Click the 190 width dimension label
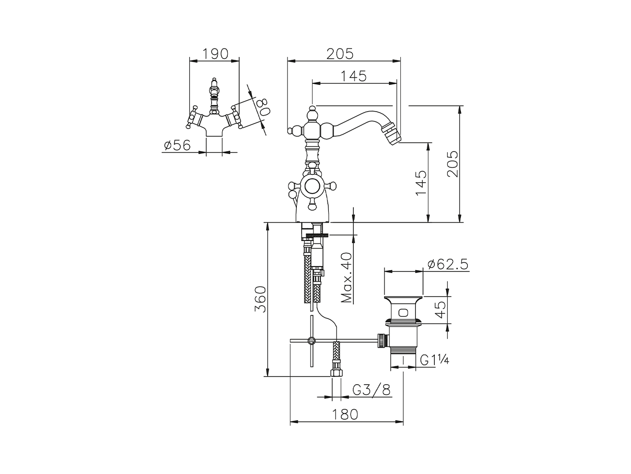(x=215, y=53)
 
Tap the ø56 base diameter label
(x=177, y=145)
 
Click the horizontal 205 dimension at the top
(x=340, y=53)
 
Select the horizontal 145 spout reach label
(x=353, y=76)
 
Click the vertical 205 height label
(x=452, y=164)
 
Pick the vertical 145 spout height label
(x=421, y=183)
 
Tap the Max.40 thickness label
(x=347, y=277)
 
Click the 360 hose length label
(x=260, y=299)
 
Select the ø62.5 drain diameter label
(x=448, y=264)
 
